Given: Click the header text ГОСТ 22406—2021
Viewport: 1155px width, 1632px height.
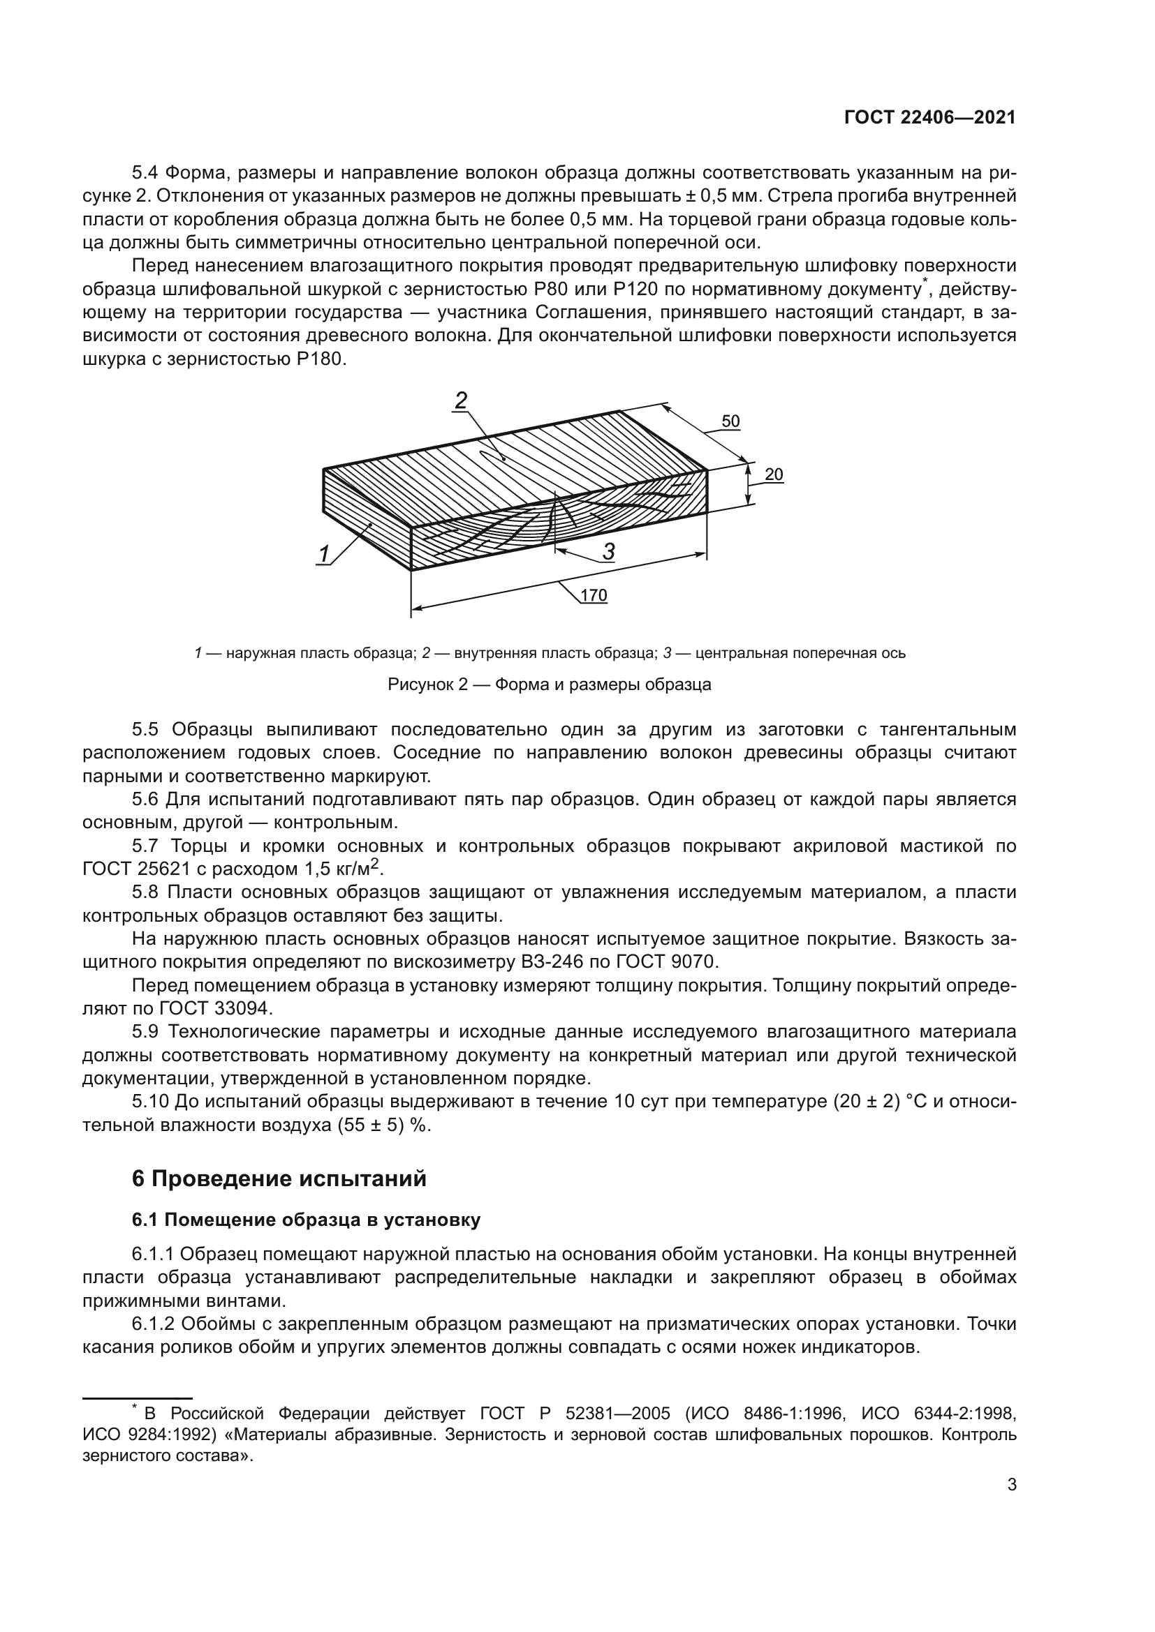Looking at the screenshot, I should (x=929, y=118).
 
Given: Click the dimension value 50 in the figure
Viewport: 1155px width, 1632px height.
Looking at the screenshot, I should (x=730, y=421).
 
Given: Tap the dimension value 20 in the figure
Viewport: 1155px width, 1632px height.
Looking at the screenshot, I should (x=774, y=474).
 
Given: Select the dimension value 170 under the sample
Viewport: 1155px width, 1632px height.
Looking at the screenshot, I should (x=594, y=595).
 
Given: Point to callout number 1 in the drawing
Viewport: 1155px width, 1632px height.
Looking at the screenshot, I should (x=324, y=553).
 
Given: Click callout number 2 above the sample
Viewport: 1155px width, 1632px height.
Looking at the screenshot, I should (x=461, y=401).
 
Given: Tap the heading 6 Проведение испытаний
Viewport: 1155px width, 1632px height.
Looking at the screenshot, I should (x=279, y=1178).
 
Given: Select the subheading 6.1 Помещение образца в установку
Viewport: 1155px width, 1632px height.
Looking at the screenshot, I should (x=306, y=1220).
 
